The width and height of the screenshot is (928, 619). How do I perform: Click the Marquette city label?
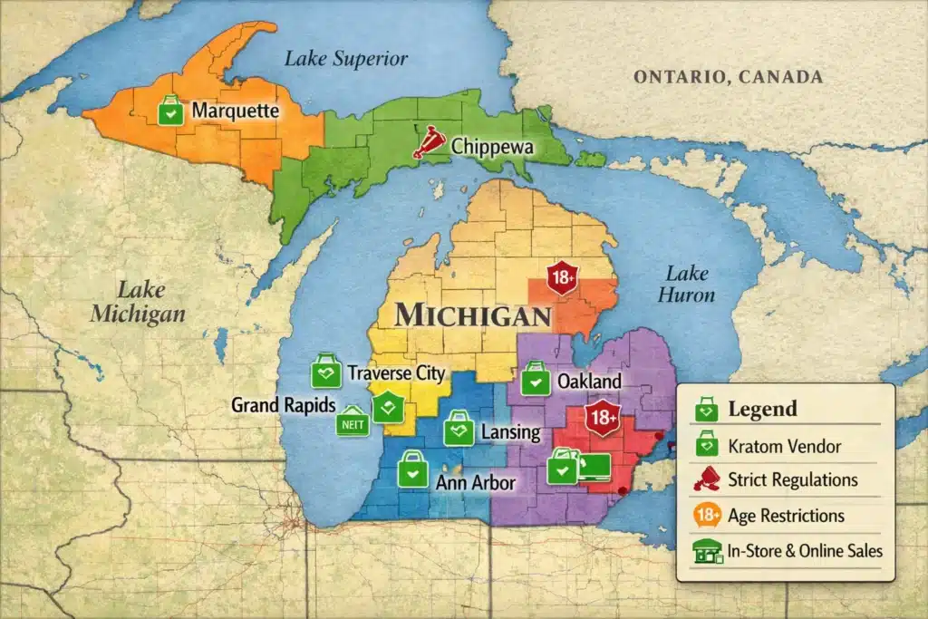[234, 112]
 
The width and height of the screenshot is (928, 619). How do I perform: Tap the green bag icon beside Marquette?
[169, 111]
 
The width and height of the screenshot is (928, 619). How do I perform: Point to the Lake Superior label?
[346, 59]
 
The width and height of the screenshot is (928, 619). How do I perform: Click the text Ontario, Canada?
[728, 77]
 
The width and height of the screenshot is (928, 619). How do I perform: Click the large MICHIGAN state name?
[473, 315]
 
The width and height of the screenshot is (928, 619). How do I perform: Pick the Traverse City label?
[396, 372]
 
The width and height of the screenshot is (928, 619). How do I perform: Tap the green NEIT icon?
[353, 422]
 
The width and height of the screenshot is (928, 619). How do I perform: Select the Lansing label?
[511, 432]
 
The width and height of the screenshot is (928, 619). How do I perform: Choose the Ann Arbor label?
[477, 482]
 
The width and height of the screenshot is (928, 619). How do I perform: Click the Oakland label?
[589, 381]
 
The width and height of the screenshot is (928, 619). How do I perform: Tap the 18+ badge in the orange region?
[563, 279]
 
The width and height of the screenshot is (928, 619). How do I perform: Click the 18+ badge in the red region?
[600, 419]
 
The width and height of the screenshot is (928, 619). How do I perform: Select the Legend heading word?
[763, 409]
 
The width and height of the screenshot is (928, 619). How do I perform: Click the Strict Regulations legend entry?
[792, 479]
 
